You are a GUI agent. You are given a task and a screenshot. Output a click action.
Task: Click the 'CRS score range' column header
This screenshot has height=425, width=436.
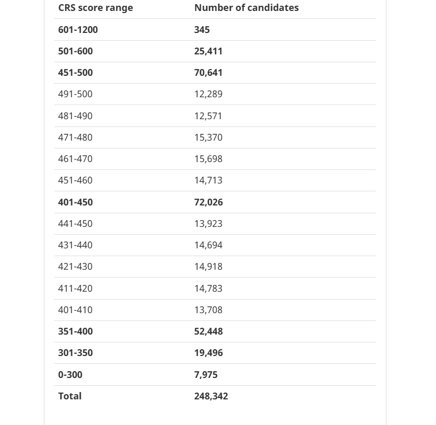pyautogui.click(x=96, y=8)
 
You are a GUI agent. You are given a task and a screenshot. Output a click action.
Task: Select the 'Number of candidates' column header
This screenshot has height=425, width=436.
pyautogui.click(x=246, y=8)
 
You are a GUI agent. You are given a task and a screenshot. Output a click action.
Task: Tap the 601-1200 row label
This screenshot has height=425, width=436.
pyautogui.click(x=78, y=30)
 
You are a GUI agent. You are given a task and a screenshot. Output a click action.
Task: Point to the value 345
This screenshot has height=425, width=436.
pyautogui.click(x=202, y=30)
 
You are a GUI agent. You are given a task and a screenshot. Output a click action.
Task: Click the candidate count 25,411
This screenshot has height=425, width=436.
pyautogui.click(x=208, y=51)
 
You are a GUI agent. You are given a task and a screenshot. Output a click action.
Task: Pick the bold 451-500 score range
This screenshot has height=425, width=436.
pyautogui.click(x=75, y=73)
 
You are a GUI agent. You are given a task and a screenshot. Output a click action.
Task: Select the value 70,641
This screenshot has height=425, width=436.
pyautogui.click(x=208, y=73)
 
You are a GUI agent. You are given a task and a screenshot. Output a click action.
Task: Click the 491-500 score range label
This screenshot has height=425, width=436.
pyautogui.click(x=75, y=94)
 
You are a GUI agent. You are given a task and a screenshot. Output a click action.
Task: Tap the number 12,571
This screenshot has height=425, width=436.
pyautogui.click(x=208, y=116)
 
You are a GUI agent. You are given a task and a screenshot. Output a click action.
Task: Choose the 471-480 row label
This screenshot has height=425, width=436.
pyautogui.click(x=75, y=137)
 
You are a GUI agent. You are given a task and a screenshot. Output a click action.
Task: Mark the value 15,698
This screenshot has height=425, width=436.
pyautogui.click(x=208, y=159)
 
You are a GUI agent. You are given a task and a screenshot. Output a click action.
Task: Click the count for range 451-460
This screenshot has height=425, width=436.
pyautogui.click(x=208, y=180)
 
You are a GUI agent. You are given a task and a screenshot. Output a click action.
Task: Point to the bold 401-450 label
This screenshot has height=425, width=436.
pyautogui.click(x=75, y=202)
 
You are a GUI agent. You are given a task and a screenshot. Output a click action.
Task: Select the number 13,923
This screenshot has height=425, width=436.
pyautogui.click(x=208, y=224)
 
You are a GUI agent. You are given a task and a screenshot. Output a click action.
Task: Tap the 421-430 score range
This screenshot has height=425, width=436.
pyautogui.click(x=75, y=267)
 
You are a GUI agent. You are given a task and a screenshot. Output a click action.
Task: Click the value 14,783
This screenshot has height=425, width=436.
pyautogui.click(x=208, y=289)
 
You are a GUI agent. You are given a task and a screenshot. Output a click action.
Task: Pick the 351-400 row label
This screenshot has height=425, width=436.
pyautogui.click(x=75, y=331)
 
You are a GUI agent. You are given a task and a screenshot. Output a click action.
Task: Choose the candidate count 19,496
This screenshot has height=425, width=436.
pyautogui.click(x=208, y=353)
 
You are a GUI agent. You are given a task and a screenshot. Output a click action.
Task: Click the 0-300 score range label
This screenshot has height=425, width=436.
pyautogui.click(x=70, y=375)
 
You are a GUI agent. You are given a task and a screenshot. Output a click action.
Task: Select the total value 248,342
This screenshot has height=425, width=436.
pyautogui.click(x=211, y=396)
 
